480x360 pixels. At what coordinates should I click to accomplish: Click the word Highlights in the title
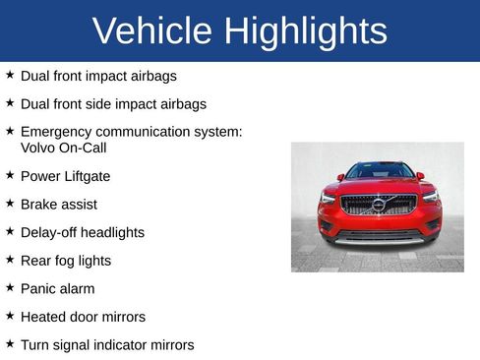[x=305, y=31]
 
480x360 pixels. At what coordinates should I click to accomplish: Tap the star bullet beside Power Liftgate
[x=10, y=175]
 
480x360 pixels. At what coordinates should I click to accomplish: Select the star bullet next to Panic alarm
[x=10, y=288]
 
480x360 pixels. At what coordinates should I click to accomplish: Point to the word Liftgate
[x=87, y=177]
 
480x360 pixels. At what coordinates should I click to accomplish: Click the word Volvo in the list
[x=38, y=148]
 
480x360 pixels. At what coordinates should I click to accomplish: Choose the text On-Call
[x=84, y=148]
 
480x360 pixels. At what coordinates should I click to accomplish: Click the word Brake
[x=39, y=205]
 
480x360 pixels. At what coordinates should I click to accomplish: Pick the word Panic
[x=38, y=289]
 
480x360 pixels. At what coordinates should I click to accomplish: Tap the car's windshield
[x=379, y=171]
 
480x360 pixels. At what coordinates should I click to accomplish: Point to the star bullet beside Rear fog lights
[x=10, y=260]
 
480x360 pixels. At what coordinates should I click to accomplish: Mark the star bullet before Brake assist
[x=10, y=204]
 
